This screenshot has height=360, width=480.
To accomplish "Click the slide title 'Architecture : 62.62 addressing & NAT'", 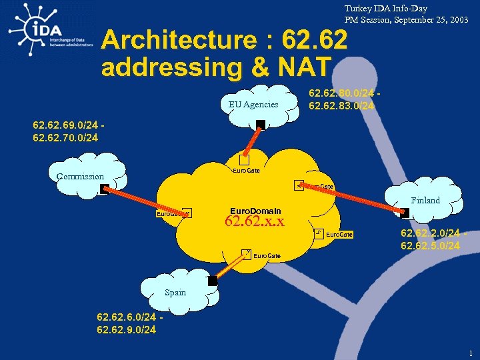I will pos(224,53).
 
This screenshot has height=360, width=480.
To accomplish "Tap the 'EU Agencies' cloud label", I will pos(253,104).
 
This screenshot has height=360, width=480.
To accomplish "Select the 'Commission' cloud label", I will pos(80,177).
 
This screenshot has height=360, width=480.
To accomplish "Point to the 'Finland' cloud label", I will pos(425,200).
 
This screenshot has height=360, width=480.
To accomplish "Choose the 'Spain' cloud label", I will pos(175,293).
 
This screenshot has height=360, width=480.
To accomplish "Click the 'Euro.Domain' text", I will pos(256,210).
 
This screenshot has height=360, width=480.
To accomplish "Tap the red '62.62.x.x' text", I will pos(255,221).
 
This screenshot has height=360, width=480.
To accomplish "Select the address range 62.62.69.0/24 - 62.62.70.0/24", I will pos(69,131).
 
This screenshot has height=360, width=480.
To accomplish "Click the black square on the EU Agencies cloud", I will pos(261,124).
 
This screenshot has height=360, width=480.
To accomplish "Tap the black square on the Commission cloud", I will pos(104,189).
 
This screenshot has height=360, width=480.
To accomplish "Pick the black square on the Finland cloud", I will pos(405,213).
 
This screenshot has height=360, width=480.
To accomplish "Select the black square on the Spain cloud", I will pos(213,281).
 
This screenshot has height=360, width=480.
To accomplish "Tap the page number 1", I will pos(471,353).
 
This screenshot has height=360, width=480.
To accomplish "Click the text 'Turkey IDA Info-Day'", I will pos(385,9).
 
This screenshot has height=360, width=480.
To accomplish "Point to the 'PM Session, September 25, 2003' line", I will pos(406,20).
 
